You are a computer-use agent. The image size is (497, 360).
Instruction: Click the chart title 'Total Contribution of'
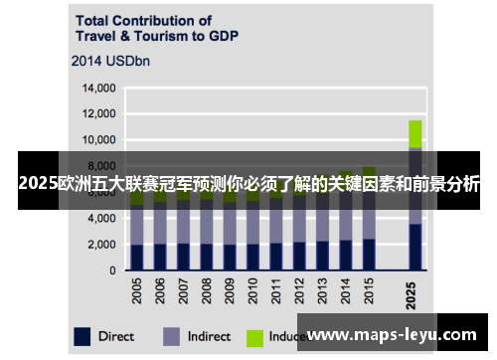tap(142, 19)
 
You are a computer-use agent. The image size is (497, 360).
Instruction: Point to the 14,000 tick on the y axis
tap(97, 89)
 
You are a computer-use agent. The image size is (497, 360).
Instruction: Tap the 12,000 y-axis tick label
tap(97, 114)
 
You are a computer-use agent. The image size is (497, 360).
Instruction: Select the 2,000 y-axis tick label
tap(99, 244)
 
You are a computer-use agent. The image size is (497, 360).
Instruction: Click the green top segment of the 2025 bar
tap(415, 133)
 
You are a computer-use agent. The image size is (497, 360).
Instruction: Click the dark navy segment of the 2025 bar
tap(415, 247)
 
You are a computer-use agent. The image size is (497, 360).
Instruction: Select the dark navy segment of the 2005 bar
tap(137, 257)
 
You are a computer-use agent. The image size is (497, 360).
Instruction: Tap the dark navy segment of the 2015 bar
tap(369, 254)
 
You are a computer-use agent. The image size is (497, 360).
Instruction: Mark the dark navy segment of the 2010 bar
tap(253, 257)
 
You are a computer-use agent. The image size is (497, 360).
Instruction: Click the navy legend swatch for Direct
tap(83, 336)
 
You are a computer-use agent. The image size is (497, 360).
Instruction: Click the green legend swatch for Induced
tap(257, 336)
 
